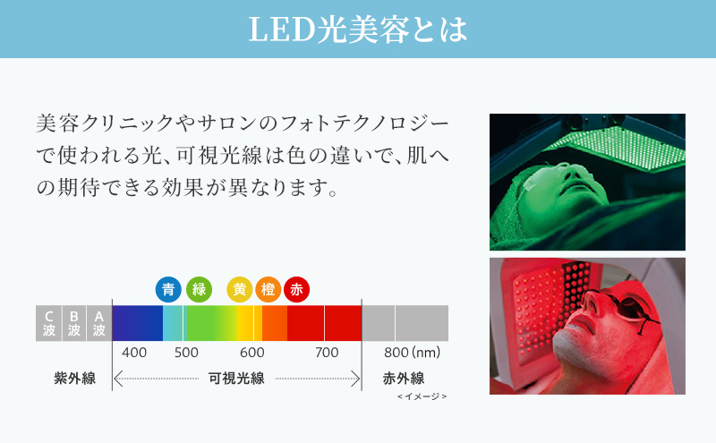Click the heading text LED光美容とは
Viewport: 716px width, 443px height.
click(x=357, y=30)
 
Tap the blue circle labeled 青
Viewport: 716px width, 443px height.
click(x=168, y=289)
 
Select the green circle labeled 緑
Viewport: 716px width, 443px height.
click(x=198, y=289)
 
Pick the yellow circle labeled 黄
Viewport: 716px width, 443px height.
click(x=239, y=289)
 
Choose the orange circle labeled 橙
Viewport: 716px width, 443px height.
click(x=268, y=289)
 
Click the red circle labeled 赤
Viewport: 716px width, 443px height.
click(x=296, y=289)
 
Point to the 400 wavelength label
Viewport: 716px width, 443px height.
click(x=134, y=353)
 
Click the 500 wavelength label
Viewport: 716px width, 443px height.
click(x=186, y=353)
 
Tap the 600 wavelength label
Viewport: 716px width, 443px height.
click(x=251, y=353)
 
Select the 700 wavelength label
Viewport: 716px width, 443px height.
click(x=327, y=353)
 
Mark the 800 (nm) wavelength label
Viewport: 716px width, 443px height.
click(x=412, y=353)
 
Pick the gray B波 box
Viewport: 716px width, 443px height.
click(x=73, y=323)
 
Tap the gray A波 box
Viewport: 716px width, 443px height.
click(x=98, y=323)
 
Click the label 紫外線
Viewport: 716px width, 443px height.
click(x=74, y=378)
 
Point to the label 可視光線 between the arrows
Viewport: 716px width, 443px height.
click(x=236, y=378)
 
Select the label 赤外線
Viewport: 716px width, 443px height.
click(x=403, y=378)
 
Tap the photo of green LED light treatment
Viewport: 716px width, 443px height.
click(x=587, y=182)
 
